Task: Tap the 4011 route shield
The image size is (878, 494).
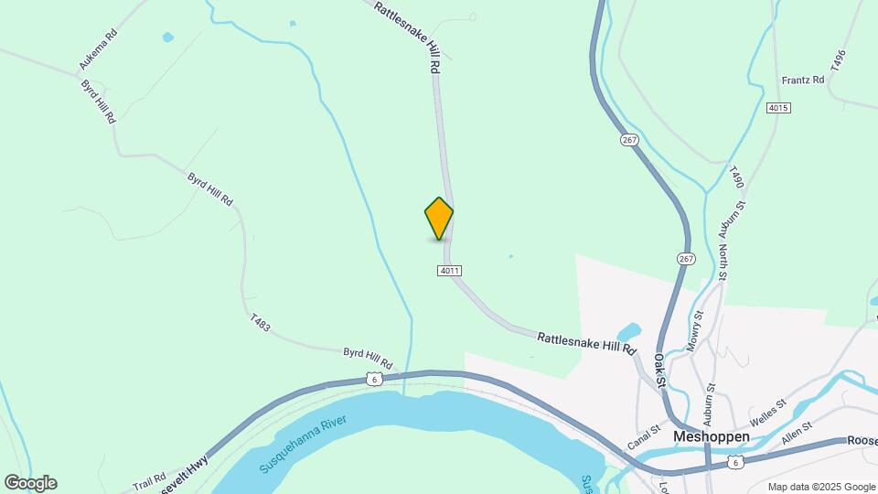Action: click(x=449, y=271)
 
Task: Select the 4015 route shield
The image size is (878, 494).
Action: click(x=778, y=108)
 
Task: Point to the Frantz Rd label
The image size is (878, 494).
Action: click(x=803, y=81)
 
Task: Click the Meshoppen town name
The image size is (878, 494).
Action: click(x=711, y=437)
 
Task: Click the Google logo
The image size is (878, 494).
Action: click(x=30, y=483)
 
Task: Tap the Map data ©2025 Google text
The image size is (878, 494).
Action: click(x=820, y=487)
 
